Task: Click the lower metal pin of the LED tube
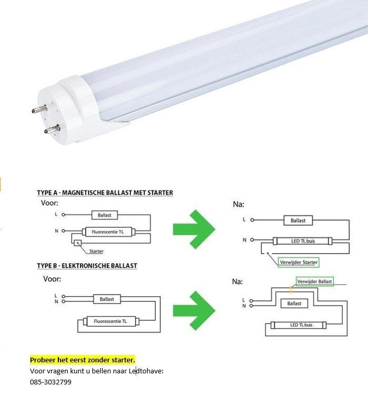(x=52, y=129)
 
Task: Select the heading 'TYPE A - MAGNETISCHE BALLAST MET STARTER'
(x=105, y=193)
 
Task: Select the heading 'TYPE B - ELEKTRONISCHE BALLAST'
(x=87, y=266)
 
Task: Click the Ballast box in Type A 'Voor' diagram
(x=105, y=215)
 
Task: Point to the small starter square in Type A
(x=78, y=243)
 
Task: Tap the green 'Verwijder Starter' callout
(x=299, y=262)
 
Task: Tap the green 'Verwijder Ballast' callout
(x=314, y=281)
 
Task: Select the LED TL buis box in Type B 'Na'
(x=301, y=325)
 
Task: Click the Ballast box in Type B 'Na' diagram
(x=294, y=304)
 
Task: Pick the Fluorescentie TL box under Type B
(x=110, y=321)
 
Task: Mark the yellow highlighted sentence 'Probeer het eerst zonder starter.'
(x=83, y=360)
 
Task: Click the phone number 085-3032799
(x=50, y=382)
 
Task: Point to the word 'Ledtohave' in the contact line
(x=148, y=371)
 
